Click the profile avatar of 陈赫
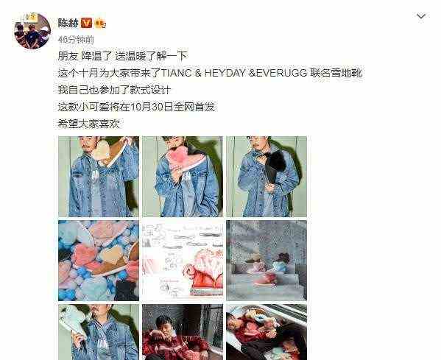point(32,31)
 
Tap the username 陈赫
point(68,21)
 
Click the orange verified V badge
point(88,22)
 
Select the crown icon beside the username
point(101,22)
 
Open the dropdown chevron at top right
point(420,16)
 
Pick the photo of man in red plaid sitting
point(182,332)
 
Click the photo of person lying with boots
point(266,332)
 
